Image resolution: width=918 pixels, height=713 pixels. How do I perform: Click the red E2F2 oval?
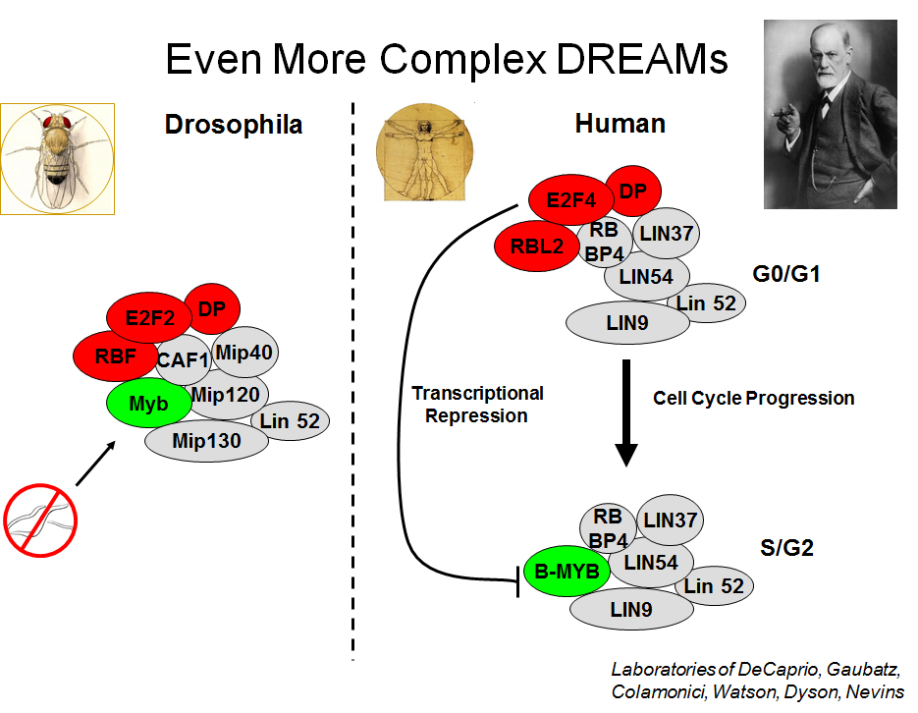[x=148, y=317]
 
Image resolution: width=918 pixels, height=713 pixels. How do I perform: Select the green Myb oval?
[x=148, y=403]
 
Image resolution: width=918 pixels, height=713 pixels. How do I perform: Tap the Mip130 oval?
[x=206, y=441]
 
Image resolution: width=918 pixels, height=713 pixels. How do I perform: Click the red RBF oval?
[x=115, y=356]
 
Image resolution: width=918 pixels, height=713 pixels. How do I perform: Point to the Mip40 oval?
[x=244, y=352]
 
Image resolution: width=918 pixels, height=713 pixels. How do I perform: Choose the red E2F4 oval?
[x=570, y=199]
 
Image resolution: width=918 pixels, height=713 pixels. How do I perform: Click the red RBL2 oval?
[x=537, y=246]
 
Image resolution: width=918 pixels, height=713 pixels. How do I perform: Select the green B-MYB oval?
[x=567, y=571]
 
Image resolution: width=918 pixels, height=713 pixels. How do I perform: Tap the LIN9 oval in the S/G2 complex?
[x=631, y=609]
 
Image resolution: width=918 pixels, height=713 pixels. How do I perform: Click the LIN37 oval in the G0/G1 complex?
[x=667, y=233]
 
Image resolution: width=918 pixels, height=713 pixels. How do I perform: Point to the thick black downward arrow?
[x=625, y=412]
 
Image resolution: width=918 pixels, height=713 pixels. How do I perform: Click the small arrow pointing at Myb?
[x=95, y=463]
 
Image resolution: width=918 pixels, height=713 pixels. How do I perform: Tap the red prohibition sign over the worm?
[x=40, y=521]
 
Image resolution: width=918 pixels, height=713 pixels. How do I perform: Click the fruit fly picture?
[x=57, y=159]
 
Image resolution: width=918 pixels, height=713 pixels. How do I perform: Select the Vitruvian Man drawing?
[x=424, y=152]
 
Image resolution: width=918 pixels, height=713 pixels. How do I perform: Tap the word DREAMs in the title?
[x=642, y=59]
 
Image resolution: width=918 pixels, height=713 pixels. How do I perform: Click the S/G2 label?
[x=786, y=547]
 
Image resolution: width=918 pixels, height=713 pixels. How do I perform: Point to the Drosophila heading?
[x=234, y=124]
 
